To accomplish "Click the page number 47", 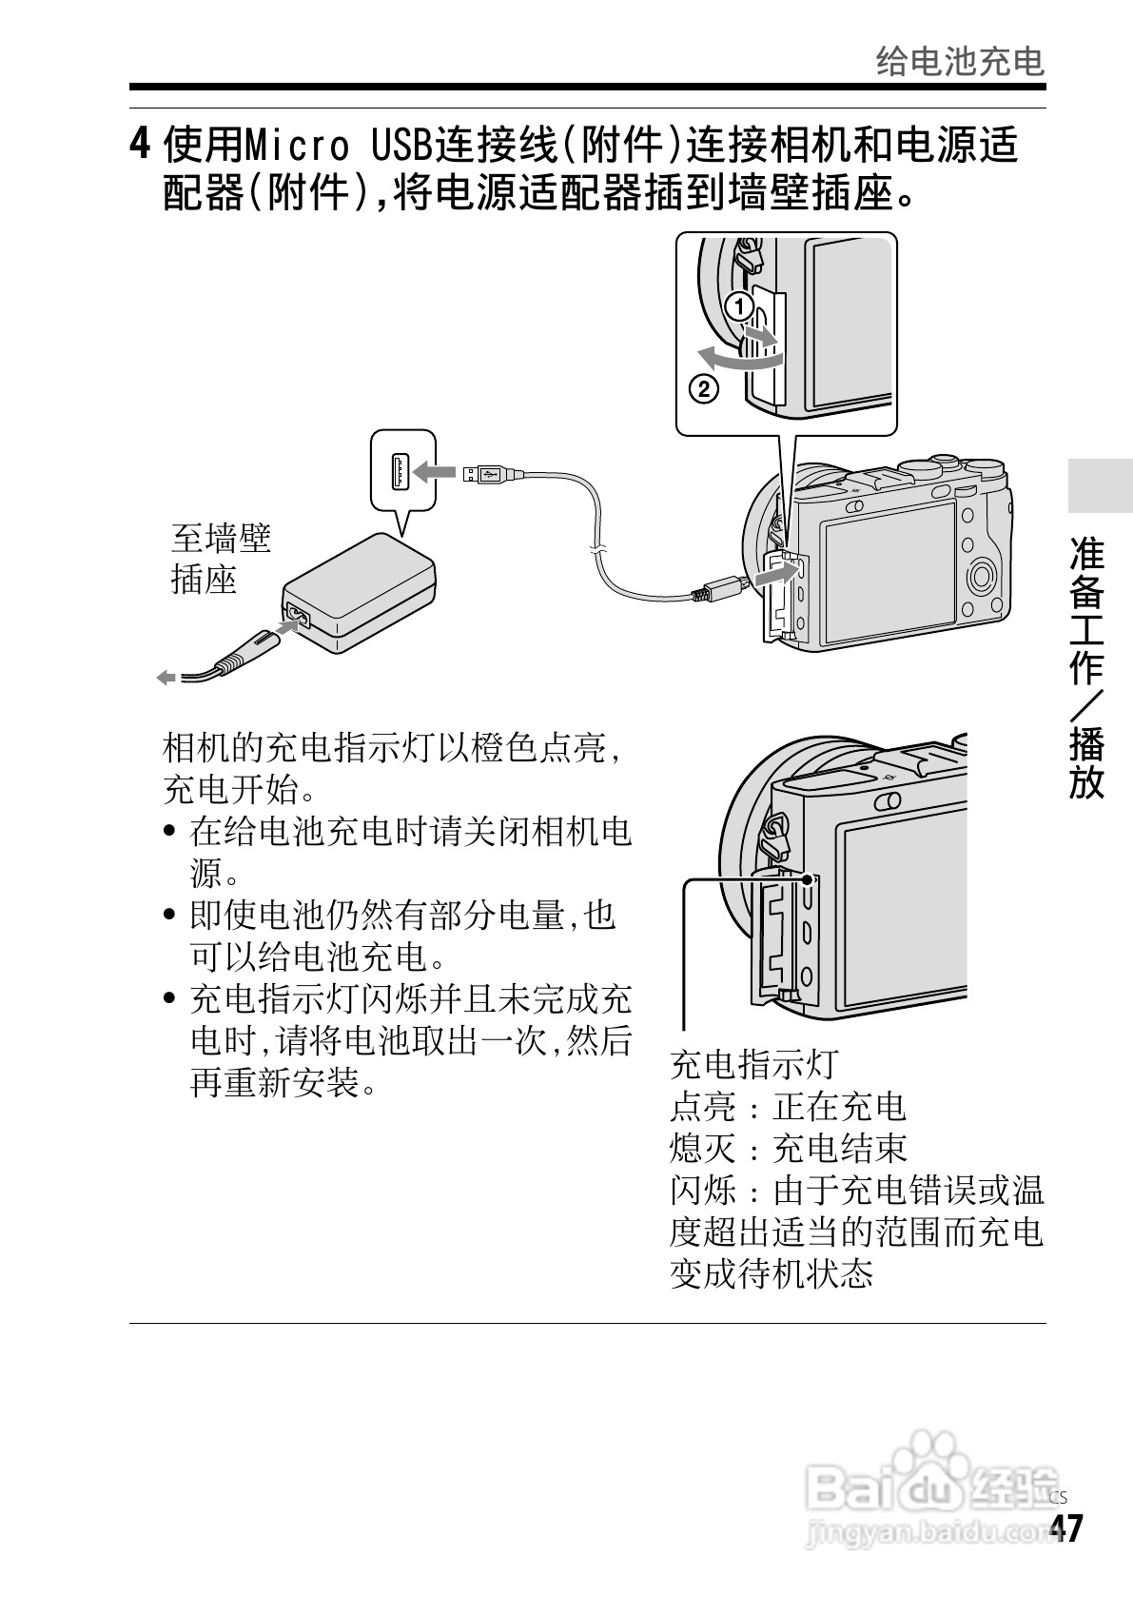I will click(1065, 1528).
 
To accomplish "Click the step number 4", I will click(140, 146).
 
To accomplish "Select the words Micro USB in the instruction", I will click(337, 147).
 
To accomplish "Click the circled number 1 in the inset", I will click(738, 306).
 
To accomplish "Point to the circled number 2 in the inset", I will click(702, 388).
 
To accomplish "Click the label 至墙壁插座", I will click(221, 559).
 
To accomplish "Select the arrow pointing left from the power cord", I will click(166, 677).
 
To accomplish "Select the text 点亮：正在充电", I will click(788, 1106).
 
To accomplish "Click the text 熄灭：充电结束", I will click(788, 1148).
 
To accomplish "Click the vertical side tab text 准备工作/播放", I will click(1086, 666).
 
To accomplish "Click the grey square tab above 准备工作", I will click(1100, 486).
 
